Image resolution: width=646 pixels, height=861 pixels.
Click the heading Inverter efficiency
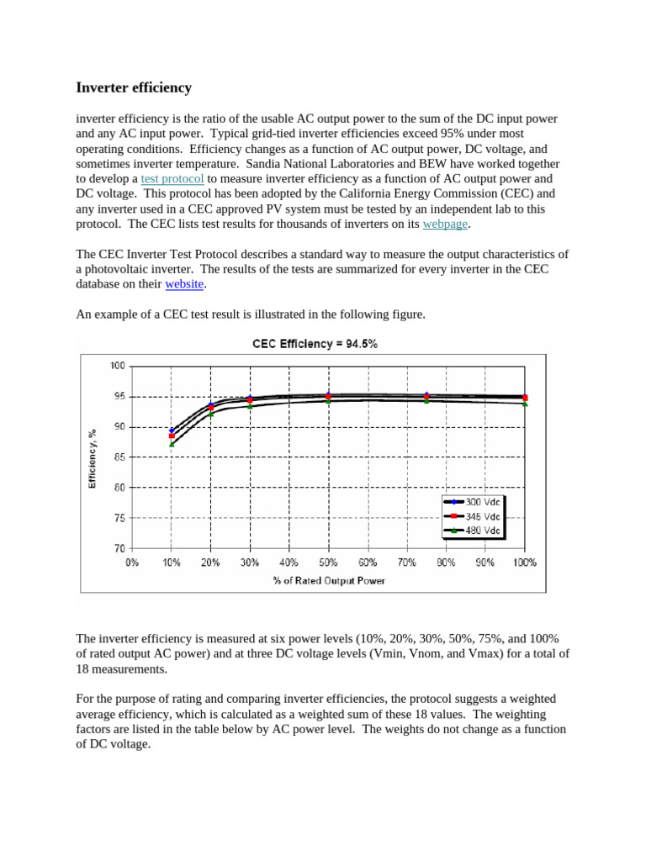[134, 87]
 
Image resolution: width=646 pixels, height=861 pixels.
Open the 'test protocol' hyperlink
[172, 179]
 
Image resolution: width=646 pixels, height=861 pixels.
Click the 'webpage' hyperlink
[444, 224]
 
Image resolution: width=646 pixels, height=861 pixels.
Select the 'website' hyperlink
[184, 284]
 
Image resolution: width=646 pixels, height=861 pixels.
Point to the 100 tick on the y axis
[117, 366]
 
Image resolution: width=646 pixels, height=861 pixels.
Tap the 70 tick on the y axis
[119, 548]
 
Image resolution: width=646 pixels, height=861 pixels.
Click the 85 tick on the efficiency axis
[119, 457]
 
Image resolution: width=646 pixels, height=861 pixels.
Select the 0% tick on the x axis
[132, 563]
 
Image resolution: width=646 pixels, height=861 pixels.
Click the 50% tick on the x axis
[328, 563]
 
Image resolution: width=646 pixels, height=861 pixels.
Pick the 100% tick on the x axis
[524, 563]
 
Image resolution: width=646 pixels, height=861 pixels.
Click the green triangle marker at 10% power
[172, 443]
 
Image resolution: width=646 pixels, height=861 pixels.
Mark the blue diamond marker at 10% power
[172, 430]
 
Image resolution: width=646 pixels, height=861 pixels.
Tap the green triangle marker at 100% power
[525, 404]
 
